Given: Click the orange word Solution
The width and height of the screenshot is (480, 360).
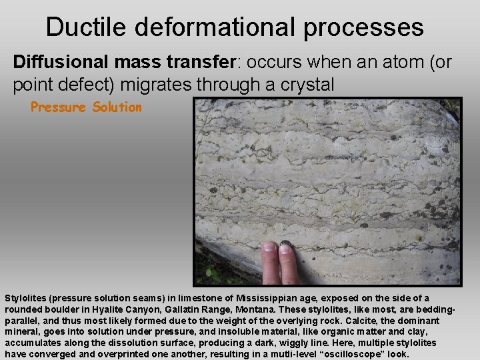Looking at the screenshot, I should (x=117, y=107).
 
